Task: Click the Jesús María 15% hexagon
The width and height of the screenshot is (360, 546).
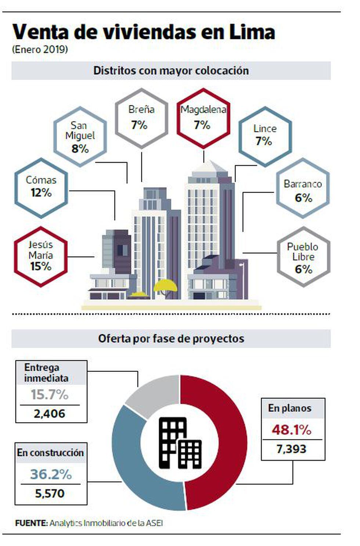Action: [41, 256]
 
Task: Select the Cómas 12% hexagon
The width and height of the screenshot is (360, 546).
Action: [41, 188]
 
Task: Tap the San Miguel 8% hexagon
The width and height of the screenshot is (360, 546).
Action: [80, 137]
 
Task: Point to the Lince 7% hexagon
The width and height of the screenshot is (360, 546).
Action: [265, 136]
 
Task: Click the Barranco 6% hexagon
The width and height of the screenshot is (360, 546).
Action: [303, 188]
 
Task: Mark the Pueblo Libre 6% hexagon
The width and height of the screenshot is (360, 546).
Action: [303, 257]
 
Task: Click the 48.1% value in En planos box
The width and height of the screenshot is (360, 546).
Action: [292, 430]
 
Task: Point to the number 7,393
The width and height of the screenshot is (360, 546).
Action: [291, 449]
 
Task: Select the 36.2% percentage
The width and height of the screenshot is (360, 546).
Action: [51, 474]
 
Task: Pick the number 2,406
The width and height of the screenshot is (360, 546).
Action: [49, 414]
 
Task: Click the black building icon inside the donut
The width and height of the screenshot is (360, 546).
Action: [180, 443]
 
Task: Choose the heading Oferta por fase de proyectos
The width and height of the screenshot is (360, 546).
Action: [171, 338]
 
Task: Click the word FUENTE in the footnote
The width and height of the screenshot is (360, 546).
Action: [31, 523]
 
